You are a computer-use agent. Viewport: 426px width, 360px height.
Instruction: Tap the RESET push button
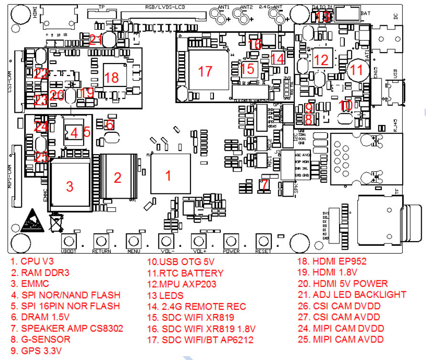(263, 241)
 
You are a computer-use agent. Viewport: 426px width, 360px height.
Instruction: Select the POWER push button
(231, 241)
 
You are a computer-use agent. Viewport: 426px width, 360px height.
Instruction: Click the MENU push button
(134, 241)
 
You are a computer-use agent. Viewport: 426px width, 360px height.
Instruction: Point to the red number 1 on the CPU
(168, 175)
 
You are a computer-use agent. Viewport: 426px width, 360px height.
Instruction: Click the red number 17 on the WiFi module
(205, 71)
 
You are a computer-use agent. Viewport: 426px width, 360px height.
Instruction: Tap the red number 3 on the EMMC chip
(70, 186)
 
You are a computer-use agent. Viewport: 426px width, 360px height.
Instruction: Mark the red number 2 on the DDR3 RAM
(117, 178)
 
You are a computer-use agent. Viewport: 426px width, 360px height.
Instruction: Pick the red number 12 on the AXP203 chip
(322, 60)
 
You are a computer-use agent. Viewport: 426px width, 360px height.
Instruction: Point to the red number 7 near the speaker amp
(266, 183)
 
